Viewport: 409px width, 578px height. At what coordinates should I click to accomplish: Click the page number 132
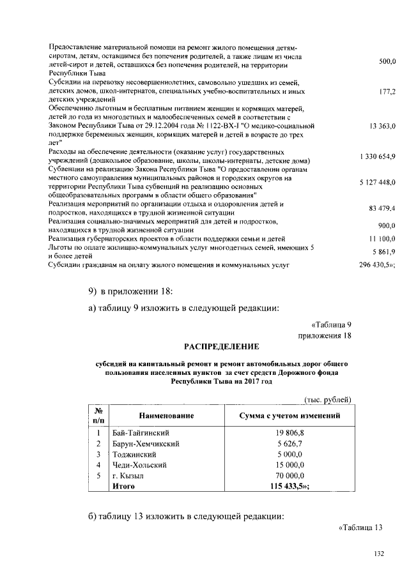click(x=378, y=554)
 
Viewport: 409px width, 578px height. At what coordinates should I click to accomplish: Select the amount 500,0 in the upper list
click(x=387, y=61)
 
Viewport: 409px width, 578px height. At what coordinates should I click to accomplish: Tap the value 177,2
click(x=387, y=92)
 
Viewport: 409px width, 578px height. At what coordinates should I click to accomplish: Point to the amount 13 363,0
click(x=383, y=127)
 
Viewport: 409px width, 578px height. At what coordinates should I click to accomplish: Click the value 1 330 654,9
click(x=378, y=156)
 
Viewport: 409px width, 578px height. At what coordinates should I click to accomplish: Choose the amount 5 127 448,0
click(x=378, y=182)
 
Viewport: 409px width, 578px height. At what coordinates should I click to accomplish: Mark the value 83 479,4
click(x=383, y=208)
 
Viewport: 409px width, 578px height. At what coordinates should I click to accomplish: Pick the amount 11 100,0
click(x=383, y=238)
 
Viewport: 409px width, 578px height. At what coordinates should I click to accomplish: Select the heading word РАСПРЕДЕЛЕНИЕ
click(x=221, y=347)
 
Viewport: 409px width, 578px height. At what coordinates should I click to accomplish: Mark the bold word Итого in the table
click(x=123, y=487)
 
